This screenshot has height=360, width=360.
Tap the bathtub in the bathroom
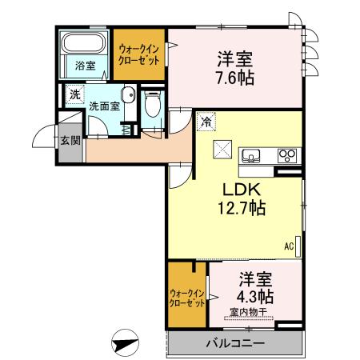tap(84, 45)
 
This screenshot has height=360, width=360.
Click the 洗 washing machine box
tap(75, 94)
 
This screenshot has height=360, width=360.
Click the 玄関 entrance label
tap(69, 142)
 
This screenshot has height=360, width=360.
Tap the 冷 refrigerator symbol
tap(206, 122)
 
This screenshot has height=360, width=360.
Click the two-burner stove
tap(286, 154)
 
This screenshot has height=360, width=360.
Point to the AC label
tap(288, 246)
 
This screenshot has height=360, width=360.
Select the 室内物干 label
tap(249, 311)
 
